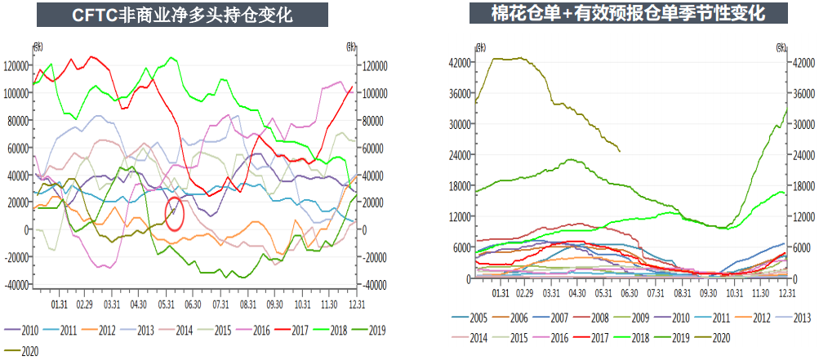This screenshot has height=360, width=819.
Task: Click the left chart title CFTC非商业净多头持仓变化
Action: coord(181,15)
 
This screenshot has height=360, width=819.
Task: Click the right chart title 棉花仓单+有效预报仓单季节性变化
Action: coord(628,15)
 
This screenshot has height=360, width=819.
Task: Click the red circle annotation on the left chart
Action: coord(174,213)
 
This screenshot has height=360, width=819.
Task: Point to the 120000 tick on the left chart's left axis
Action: coord(16,65)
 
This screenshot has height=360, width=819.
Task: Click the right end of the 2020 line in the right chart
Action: coord(620,151)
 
